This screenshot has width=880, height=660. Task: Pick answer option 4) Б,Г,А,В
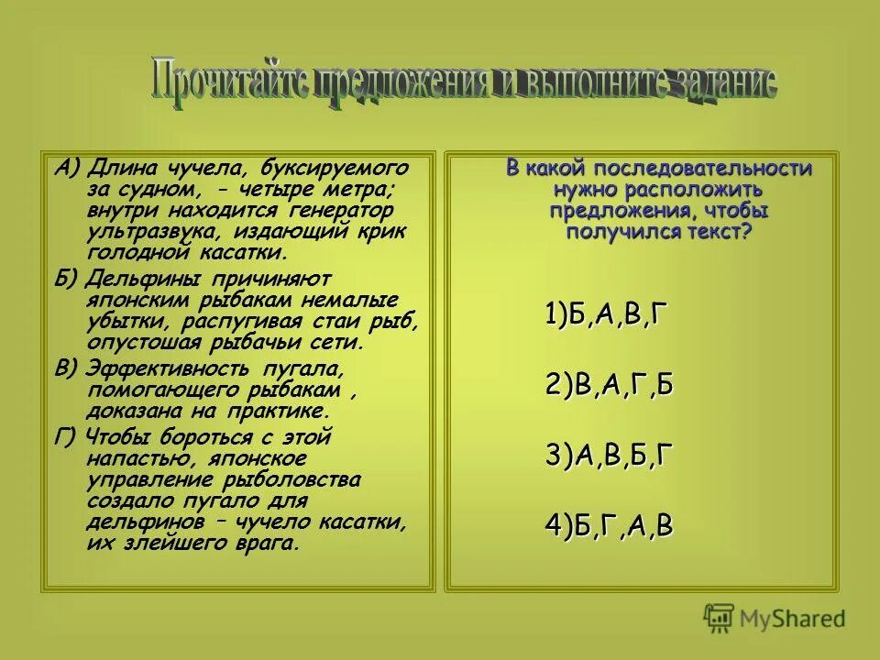[609, 525]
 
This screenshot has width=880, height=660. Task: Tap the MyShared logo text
[793, 619]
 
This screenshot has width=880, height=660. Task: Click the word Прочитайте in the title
[228, 82]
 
